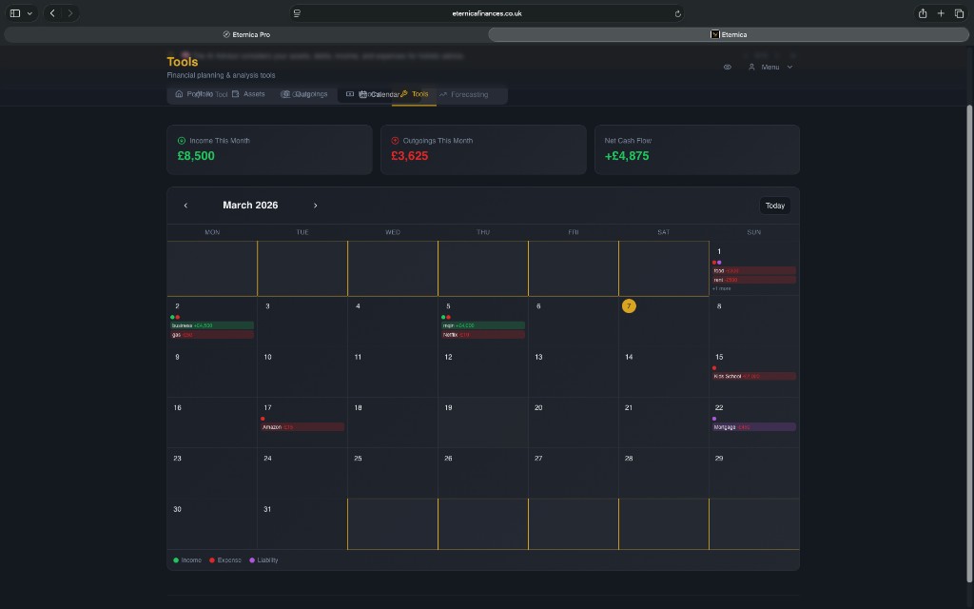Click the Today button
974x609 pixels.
775,206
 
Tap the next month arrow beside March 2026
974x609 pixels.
315,206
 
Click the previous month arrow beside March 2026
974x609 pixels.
185,206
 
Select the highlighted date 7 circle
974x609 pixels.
629,305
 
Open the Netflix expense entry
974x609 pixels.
482,335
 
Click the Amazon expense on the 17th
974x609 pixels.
302,427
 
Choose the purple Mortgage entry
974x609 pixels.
753,427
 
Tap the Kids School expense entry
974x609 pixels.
753,376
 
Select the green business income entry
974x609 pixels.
211,325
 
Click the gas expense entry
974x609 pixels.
211,335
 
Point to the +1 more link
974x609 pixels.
722,288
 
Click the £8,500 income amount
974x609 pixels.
196,156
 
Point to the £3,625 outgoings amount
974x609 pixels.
410,156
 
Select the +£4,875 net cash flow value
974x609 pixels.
627,156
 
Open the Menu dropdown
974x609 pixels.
770,68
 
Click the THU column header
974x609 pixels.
483,232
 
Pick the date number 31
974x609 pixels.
267,509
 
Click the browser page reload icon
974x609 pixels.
678,13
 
